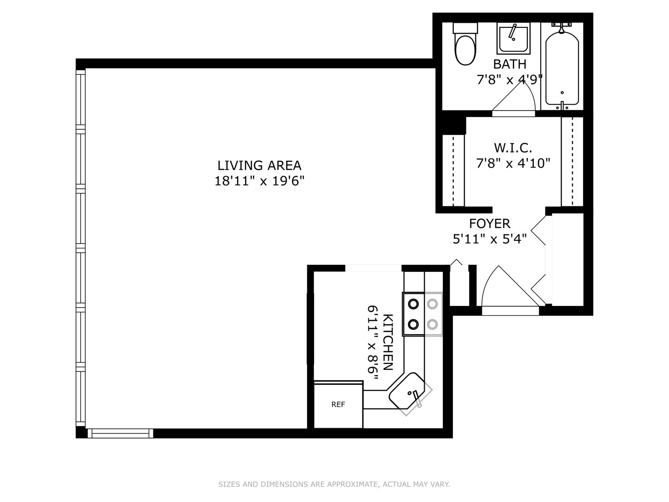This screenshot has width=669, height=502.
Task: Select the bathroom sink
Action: [x=513, y=39]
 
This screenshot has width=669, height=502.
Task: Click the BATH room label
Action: [x=510, y=64]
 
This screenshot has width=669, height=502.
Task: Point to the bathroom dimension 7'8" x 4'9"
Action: [x=510, y=80]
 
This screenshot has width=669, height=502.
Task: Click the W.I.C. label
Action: [x=513, y=148]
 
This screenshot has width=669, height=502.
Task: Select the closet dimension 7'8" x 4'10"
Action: [x=513, y=163]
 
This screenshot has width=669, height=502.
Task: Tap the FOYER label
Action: [x=489, y=224]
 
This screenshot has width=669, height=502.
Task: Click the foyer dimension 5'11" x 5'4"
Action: [x=489, y=239]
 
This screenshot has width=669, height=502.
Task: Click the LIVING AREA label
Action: [x=259, y=165]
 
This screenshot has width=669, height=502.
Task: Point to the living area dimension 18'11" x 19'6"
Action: [x=259, y=181]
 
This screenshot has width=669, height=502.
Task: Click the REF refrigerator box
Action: [x=338, y=404]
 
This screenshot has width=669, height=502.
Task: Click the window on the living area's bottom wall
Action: [x=120, y=433]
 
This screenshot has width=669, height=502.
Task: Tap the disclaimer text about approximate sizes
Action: [x=334, y=484]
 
